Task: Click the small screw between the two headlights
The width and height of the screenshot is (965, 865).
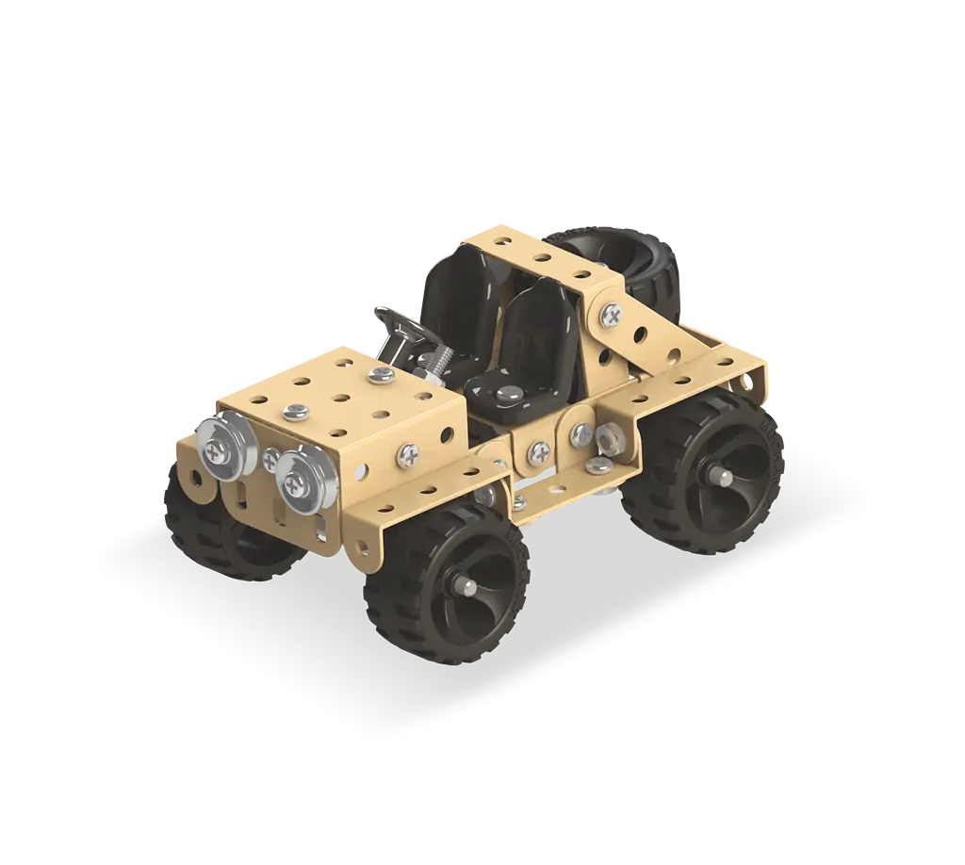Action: point(270,460)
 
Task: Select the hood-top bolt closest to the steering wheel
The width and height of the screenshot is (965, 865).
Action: point(380,375)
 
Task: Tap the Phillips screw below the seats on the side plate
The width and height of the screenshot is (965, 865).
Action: point(540,450)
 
